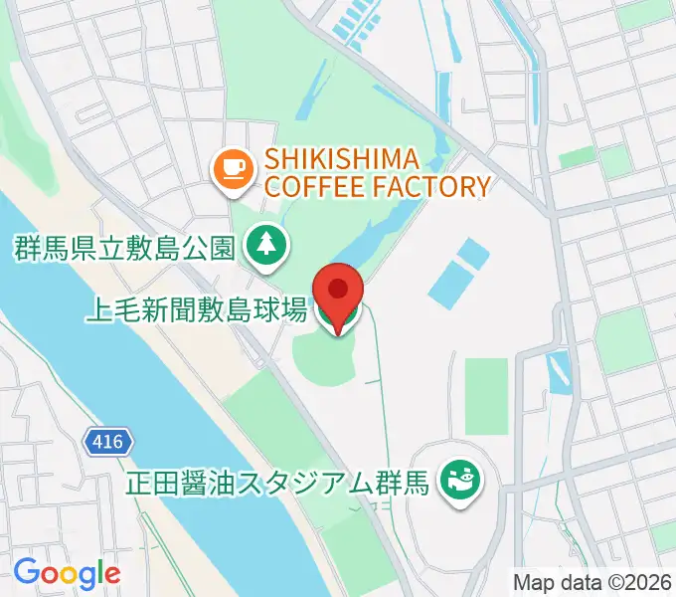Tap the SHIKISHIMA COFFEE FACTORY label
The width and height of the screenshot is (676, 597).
click(377, 171)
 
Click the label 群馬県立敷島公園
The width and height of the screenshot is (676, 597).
click(124, 248)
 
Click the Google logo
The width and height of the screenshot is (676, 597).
click(67, 572)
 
